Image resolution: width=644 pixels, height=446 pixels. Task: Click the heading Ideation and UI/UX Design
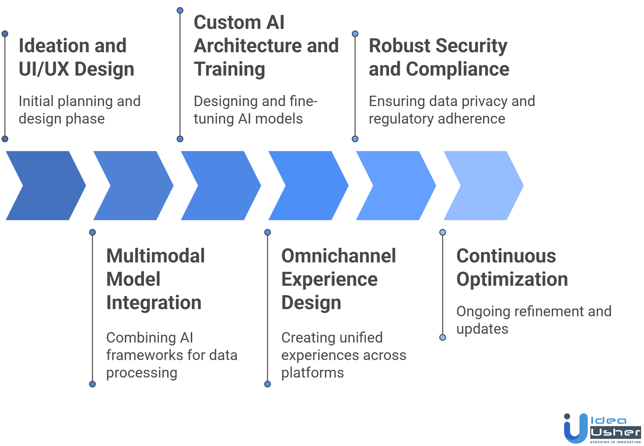click(76, 57)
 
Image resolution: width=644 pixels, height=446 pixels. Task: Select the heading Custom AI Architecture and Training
click(266, 45)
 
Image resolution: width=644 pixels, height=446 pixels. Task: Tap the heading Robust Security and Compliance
click(439, 57)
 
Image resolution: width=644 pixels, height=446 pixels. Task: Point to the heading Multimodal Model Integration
click(155, 279)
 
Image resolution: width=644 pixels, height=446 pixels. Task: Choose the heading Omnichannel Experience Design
click(338, 279)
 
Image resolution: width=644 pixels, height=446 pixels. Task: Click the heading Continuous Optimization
click(512, 267)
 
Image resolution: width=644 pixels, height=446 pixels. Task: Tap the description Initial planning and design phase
click(79, 110)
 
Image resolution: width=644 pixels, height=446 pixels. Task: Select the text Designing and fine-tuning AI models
click(255, 110)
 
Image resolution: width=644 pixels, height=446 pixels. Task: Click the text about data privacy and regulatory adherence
click(452, 110)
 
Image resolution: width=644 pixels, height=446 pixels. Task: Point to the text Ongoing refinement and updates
click(534, 320)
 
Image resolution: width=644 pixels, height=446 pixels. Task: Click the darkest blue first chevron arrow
click(45, 186)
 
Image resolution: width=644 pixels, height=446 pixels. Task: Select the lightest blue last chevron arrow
click(483, 186)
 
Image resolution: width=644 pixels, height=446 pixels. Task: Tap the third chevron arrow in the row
click(221, 186)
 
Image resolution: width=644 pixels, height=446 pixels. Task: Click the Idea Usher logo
click(602, 428)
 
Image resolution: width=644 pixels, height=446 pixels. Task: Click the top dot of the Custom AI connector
click(180, 10)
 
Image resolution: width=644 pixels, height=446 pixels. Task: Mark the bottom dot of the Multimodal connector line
click(92, 384)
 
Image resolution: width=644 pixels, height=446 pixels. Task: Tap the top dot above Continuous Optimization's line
click(443, 232)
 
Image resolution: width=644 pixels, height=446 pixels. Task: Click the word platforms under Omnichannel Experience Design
click(312, 372)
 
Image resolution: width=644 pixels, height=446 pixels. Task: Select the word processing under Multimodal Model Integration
click(142, 372)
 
